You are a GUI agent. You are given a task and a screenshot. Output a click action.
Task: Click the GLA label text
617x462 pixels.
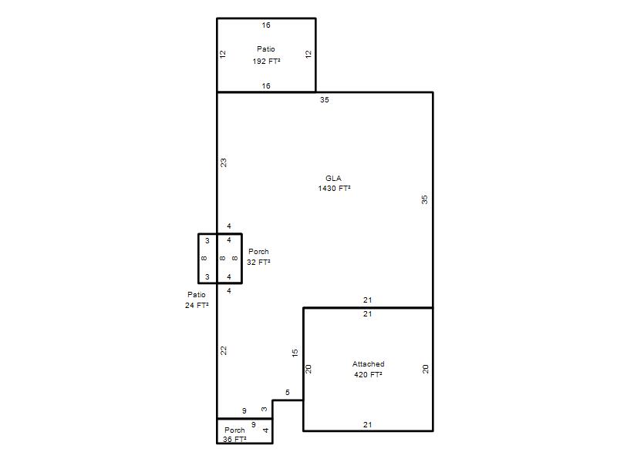(333, 179)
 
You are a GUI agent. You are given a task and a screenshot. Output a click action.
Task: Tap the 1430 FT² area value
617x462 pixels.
(334, 189)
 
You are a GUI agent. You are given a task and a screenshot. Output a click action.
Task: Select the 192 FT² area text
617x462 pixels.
(266, 62)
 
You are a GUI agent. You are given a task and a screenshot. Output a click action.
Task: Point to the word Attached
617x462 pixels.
(369, 364)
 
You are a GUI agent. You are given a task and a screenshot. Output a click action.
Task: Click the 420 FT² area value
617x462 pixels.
(368, 375)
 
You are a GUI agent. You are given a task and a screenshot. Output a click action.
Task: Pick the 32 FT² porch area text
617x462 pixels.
(258, 263)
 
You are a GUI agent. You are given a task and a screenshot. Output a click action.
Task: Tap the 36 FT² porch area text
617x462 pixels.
(234, 440)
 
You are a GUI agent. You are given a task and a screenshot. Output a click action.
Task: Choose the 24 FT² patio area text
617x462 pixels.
(197, 305)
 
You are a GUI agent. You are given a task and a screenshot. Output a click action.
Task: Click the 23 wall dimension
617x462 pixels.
(224, 162)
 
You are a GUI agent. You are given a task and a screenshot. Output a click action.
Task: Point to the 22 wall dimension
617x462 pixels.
(224, 351)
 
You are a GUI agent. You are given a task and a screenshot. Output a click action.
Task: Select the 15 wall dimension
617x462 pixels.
(295, 353)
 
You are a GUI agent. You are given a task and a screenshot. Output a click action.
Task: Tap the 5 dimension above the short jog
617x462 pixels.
(288, 393)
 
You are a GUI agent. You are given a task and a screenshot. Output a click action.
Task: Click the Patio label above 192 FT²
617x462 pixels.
(266, 49)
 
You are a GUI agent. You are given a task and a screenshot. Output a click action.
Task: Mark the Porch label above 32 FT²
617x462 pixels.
(258, 252)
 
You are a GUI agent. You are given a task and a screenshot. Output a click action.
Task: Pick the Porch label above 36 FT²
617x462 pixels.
(234, 430)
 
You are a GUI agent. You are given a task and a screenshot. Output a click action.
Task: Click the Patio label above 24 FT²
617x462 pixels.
(197, 295)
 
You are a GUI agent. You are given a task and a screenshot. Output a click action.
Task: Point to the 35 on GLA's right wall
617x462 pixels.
(425, 200)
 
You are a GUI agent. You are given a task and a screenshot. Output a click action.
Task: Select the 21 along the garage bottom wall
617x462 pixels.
(368, 425)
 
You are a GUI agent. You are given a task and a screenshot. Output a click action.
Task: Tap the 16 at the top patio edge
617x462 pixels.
(266, 25)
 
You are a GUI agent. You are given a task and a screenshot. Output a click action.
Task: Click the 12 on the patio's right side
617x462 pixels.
(308, 54)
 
